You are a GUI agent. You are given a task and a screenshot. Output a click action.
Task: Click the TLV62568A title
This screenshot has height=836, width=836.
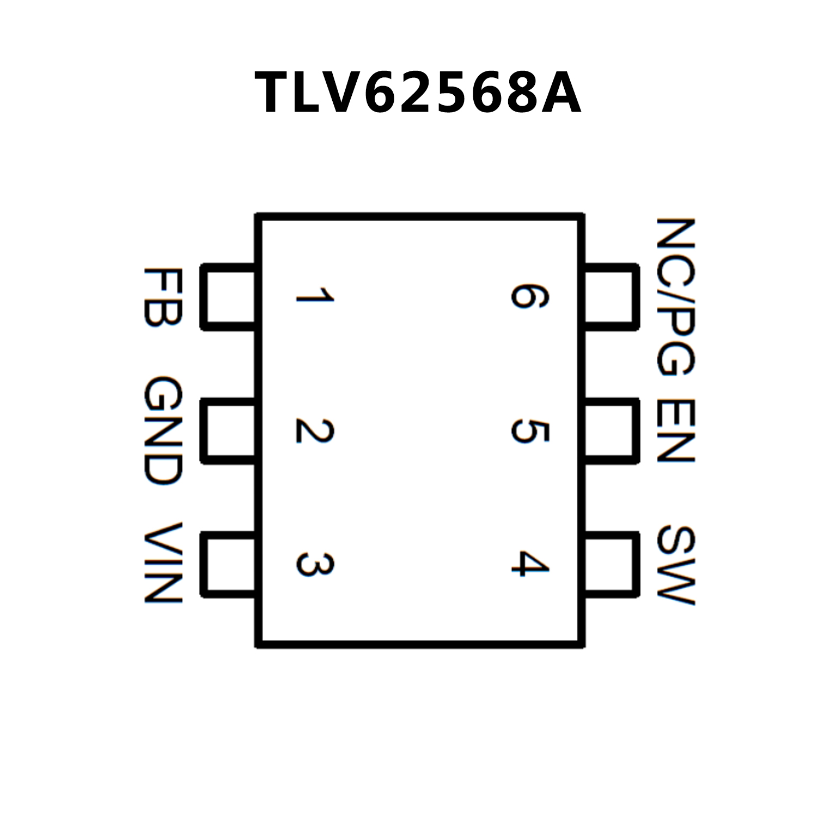(418, 93)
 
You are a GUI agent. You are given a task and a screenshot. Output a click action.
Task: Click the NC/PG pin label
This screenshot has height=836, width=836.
(675, 297)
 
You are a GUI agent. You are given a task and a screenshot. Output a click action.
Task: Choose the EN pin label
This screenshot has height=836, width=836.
(675, 430)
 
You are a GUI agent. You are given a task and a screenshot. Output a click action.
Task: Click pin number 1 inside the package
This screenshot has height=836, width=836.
(314, 296)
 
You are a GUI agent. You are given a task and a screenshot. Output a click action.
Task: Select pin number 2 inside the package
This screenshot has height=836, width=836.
(314, 430)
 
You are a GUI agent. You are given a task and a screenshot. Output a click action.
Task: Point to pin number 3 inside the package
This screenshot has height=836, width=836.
(314, 564)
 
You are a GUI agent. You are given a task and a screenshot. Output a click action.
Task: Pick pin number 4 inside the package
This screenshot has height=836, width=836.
(529, 563)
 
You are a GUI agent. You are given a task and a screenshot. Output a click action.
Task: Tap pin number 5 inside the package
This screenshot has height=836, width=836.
(529, 430)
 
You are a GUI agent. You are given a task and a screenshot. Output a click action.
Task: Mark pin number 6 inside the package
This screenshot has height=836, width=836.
(529, 296)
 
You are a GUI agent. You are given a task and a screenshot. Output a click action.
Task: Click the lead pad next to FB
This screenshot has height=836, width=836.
(229, 297)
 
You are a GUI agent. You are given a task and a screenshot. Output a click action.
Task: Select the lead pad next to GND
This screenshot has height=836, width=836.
(229, 430)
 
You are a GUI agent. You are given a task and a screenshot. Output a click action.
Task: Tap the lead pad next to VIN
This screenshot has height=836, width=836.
(229, 564)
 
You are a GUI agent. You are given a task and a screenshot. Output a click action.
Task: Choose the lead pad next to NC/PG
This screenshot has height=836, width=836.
(610, 297)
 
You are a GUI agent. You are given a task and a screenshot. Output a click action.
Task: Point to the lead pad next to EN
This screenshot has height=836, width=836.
(610, 430)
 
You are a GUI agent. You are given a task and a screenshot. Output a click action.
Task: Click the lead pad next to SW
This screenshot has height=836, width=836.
(610, 564)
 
